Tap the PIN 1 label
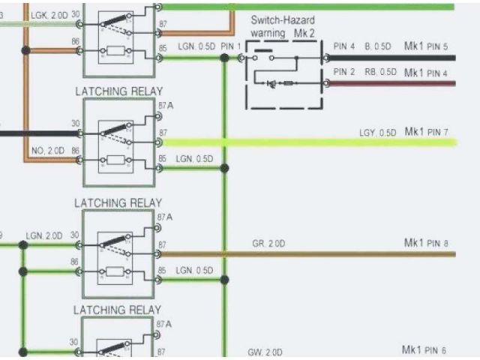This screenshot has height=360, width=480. coord(232,46)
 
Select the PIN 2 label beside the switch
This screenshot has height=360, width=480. coord(344,73)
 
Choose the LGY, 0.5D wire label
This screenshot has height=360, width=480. coord(378,133)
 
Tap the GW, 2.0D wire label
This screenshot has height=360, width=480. coord(265,352)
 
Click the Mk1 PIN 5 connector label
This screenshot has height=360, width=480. coord(425,47)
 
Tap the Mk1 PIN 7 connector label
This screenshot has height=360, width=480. coord(425,133)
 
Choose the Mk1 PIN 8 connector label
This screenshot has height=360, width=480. coord(425,243)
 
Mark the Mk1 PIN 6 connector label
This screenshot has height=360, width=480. coord(425,350)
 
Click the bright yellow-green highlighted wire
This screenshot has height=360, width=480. coord(300,142)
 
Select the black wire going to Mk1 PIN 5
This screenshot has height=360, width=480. coord(390,57)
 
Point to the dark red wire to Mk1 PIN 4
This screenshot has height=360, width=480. coord(390,83)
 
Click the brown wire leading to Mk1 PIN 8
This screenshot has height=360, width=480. coord(337,254)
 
